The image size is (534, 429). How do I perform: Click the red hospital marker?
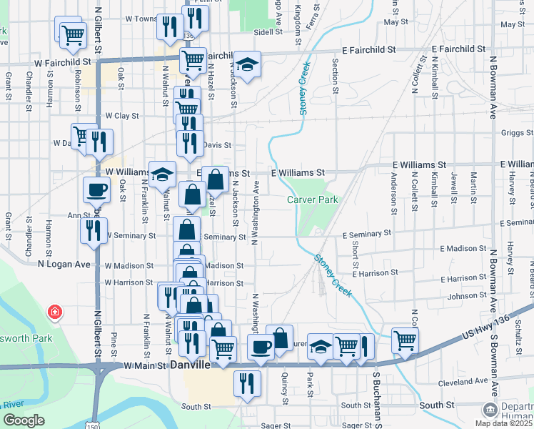coord(54,312)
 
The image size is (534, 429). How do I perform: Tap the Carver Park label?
coord(313,200)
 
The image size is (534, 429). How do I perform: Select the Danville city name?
coord(191,365)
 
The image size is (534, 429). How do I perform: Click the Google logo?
coord(24,420)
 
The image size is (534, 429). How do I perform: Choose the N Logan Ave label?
coord(64,264)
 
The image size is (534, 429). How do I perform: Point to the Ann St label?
coord(78,215)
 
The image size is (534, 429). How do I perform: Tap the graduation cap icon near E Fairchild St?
coord(247,64)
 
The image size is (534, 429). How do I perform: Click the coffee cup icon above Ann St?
coord(96,189)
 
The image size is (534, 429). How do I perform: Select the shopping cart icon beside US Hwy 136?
coord(405,340)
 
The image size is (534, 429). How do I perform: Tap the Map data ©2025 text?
coord(506,423)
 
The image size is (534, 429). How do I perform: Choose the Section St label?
coord(335,71)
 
